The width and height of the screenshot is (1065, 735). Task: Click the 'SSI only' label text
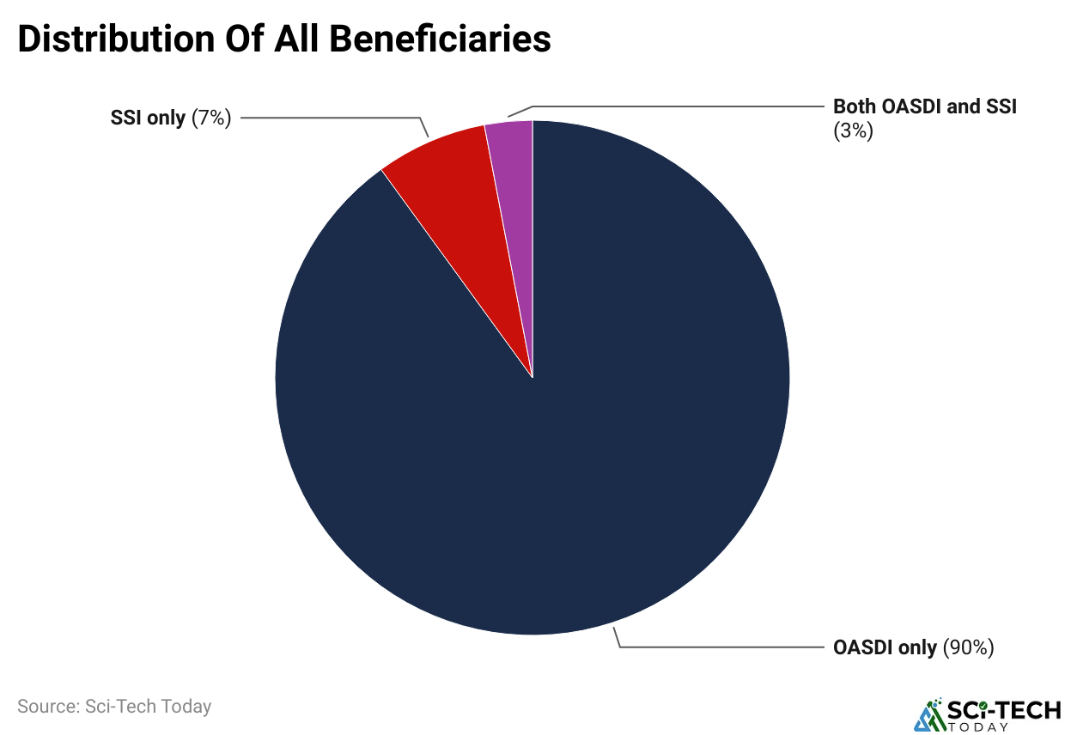click(x=148, y=118)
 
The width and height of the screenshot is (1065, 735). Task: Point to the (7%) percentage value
click(x=211, y=118)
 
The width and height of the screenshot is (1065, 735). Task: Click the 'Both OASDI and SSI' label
click(x=925, y=107)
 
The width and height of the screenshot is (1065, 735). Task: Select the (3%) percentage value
click(x=853, y=131)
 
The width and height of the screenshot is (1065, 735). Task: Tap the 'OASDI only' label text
click(x=885, y=647)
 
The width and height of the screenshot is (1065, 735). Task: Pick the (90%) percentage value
click(x=968, y=647)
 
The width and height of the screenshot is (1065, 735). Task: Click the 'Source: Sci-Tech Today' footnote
click(x=114, y=707)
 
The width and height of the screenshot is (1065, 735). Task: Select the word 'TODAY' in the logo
click(x=978, y=726)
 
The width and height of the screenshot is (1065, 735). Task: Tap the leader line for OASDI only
click(x=721, y=647)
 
